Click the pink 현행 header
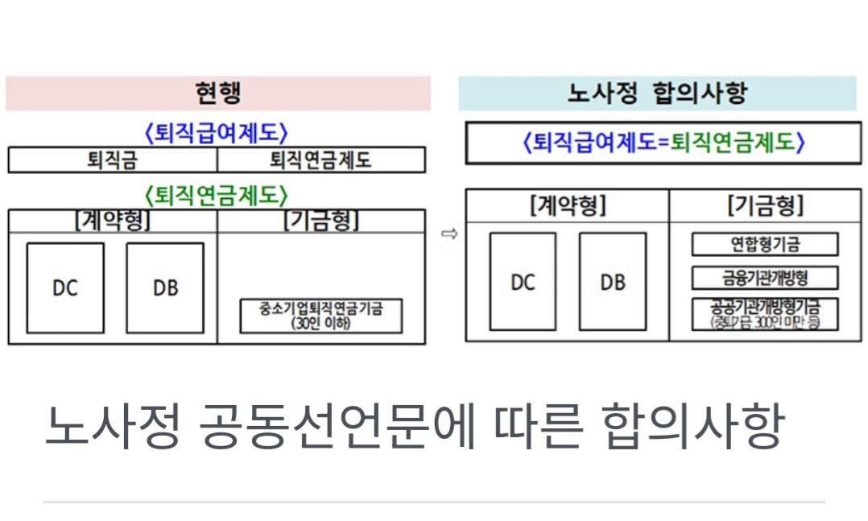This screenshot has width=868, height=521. click(217, 93)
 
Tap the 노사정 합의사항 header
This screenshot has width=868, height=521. click(657, 93)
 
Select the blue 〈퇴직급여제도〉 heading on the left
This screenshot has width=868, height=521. click(216, 133)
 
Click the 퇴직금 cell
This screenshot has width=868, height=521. click(113, 160)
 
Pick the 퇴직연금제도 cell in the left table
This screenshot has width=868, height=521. click(320, 160)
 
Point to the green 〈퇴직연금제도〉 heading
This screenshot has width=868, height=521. click(216, 196)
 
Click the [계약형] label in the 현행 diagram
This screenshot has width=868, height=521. click(113, 221)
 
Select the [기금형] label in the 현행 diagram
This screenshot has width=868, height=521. click(320, 221)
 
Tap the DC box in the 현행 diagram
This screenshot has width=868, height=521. click(65, 287)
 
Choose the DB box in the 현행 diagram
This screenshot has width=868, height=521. click(165, 287)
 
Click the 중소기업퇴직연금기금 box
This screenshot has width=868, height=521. click(320, 316)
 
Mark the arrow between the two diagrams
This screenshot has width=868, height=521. click(449, 234)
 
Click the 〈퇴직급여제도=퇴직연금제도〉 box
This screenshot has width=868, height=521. click(663, 143)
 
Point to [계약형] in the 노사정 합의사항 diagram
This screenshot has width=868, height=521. click(568, 206)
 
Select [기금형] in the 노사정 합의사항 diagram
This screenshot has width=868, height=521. click(765, 206)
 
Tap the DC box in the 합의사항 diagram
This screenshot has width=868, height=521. click(523, 282)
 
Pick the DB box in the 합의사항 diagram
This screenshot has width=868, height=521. click(613, 282)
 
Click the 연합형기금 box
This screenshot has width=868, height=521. click(765, 244)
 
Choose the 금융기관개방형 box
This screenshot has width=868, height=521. click(765, 279)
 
